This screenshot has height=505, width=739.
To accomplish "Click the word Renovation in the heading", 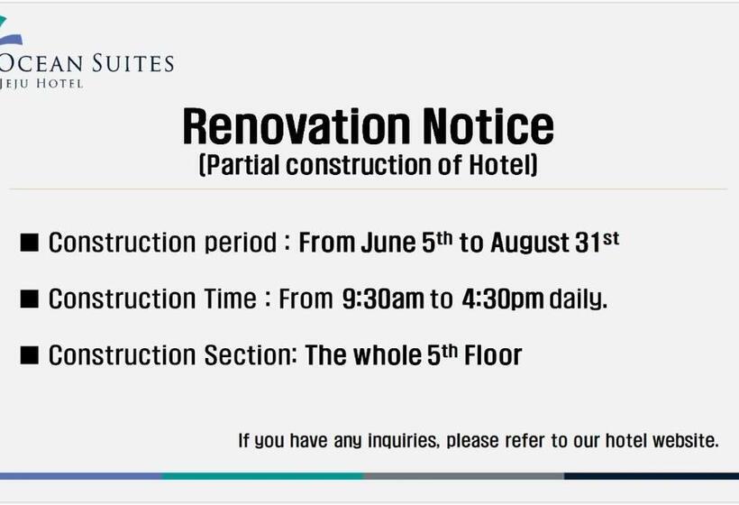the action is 297,126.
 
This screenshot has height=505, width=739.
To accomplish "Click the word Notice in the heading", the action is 488,126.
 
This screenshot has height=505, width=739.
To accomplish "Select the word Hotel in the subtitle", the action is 503,165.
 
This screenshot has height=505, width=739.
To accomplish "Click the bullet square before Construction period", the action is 29,243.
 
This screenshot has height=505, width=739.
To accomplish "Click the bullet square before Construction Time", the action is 29,299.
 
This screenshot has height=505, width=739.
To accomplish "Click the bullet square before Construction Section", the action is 29,355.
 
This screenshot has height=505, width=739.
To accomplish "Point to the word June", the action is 388,243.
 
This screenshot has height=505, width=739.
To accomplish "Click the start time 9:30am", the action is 383,299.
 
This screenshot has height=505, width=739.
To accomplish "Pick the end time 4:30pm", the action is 503,300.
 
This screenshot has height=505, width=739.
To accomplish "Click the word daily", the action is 579,300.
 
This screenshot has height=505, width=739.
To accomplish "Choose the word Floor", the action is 493,355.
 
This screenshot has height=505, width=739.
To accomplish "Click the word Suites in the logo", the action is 132,63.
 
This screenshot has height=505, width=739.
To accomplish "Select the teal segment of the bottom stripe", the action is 263,476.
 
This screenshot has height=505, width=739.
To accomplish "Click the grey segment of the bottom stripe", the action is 464,476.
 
